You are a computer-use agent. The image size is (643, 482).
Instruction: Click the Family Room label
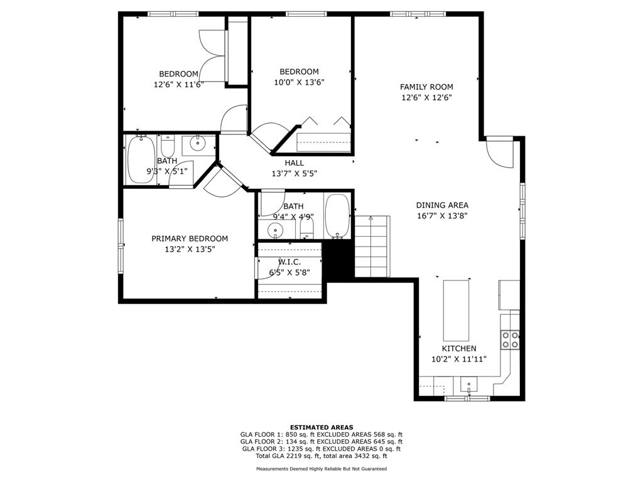point(426,87)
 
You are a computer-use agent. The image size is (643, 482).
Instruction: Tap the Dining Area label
point(442,205)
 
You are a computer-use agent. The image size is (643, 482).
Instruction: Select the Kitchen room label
point(459,349)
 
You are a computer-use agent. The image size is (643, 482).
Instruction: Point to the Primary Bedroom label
point(190,238)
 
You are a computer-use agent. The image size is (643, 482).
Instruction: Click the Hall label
point(294,163)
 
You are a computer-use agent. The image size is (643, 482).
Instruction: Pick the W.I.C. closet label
point(289,262)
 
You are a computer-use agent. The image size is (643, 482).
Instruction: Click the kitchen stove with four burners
point(510,340)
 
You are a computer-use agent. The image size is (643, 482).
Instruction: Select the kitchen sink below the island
point(468,386)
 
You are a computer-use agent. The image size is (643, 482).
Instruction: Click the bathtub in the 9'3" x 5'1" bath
point(141,159)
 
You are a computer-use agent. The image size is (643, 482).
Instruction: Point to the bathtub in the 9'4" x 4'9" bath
point(337,216)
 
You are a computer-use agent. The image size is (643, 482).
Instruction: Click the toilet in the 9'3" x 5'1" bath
point(167,146)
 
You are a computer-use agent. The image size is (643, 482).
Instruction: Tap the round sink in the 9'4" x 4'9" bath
point(275,231)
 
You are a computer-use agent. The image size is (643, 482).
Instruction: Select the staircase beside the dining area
point(372,246)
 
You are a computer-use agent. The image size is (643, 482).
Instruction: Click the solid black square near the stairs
point(338,260)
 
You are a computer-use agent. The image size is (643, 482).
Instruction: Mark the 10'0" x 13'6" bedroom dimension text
point(300,82)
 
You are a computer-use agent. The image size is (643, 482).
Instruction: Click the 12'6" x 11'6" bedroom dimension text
point(179,85)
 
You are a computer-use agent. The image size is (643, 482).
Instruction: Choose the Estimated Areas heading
point(321,427)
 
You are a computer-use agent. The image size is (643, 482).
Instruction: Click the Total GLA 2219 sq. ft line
point(321,456)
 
